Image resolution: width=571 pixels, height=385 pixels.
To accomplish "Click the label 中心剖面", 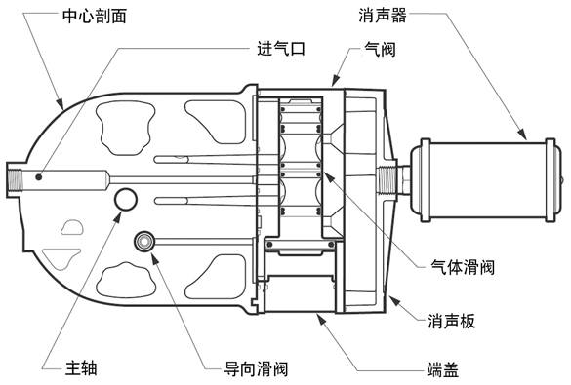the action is (x=95, y=17).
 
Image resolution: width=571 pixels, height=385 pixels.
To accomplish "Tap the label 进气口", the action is (x=281, y=49).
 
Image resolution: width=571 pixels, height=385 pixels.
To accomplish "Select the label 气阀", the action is (x=381, y=49).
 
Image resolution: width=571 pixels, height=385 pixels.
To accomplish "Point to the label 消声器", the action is (x=383, y=16).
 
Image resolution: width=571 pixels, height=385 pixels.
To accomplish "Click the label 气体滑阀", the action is (x=463, y=267).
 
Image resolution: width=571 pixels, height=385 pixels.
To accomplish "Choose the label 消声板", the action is (x=452, y=322).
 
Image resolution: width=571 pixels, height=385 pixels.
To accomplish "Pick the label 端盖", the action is (x=442, y=369).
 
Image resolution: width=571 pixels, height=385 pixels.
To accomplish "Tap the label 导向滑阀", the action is (x=256, y=369).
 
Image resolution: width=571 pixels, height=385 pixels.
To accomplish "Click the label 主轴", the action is (x=81, y=367).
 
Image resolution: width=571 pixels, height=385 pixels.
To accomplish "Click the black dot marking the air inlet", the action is (x=38, y=177).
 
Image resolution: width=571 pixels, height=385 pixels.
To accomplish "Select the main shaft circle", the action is (x=126, y=199).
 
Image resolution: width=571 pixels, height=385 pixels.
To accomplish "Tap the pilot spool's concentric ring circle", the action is (x=144, y=241).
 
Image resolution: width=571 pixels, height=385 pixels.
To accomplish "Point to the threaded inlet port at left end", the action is (x=15, y=180).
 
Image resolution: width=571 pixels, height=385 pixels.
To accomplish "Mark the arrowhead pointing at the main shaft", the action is (x=117, y=216).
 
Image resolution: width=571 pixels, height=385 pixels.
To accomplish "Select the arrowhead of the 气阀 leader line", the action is (x=335, y=81).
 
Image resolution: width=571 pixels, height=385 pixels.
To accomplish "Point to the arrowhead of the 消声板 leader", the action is (x=393, y=300).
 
